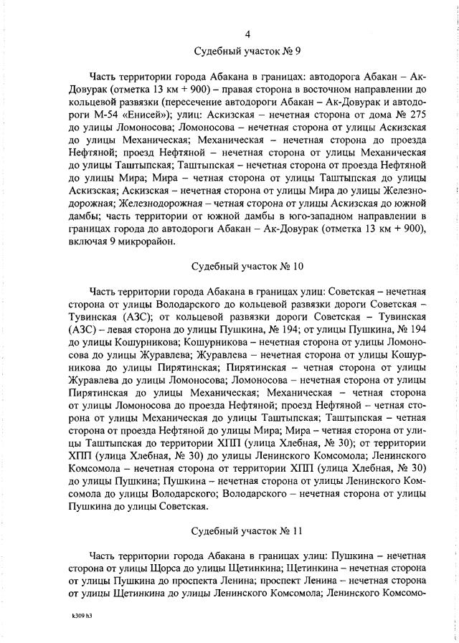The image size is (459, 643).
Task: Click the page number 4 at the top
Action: (x=247, y=34)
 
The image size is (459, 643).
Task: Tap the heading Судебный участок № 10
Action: (x=247, y=267)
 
